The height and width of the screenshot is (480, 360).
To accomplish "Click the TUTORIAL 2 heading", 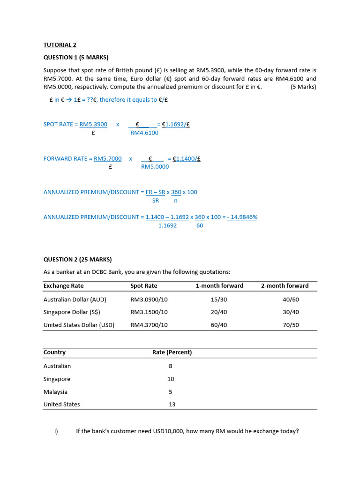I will click(x=60, y=45).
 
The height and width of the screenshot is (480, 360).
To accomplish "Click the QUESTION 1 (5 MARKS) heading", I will click(x=75, y=57).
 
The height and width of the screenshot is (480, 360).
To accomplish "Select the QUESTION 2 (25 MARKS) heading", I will click(x=77, y=259).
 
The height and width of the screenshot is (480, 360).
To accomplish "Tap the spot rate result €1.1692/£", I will click(x=175, y=124).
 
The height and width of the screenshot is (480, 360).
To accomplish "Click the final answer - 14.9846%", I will click(x=242, y=217).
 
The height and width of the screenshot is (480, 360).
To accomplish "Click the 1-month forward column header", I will click(x=219, y=285).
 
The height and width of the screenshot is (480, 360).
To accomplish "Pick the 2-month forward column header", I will click(x=285, y=285).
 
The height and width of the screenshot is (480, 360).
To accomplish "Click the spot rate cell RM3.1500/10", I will click(x=149, y=312).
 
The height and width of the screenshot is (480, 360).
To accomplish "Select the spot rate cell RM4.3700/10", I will click(x=149, y=324).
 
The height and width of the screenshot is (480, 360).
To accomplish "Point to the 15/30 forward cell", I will click(x=219, y=299).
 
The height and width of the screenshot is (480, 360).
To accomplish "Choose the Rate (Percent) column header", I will click(x=172, y=352).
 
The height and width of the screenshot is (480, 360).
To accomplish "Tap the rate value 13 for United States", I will click(x=172, y=404).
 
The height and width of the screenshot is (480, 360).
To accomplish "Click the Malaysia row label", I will click(x=55, y=391).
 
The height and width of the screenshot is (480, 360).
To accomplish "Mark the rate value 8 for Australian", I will click(x=171, y=366).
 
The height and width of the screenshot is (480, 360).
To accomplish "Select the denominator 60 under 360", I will click(x=200, y=225).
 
